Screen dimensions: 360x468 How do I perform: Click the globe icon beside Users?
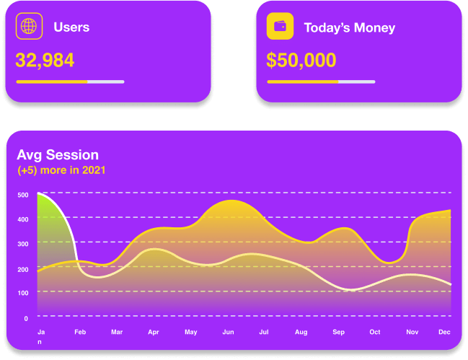pyautogui.click(x=29, y=27)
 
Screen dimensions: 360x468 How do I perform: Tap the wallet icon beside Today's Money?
pyautogui.click(x=280, y=27)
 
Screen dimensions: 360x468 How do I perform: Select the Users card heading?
pyautogui.click(x=71, y=27)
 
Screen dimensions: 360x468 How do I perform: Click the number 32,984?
pyautogui.click(x=45, y=60)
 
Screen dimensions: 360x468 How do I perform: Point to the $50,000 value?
pyautogui.click(x=301, y=60)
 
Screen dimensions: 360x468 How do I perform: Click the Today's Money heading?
pyautogui.click(x=349, y=28)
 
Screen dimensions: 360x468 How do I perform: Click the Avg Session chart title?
pyautogui.click(x=58, y=154)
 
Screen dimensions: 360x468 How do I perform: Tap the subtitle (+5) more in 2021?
pyautogui.click(x=62, y=170)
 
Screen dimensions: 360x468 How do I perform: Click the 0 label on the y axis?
pyautogui.click(x=25, y=317)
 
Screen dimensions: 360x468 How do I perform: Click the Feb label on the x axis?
pyautogui.click(x=80, y=332)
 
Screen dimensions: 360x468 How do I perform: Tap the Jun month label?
pyautogui.click(x=228, y=332)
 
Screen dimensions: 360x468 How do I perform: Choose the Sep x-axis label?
pyautogui.click(x=338, y=332)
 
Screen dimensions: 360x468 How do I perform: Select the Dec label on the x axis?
pyautogui.click(x=444, y=332)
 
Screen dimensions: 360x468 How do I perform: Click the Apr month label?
pyautogui.click(x=154, y=332)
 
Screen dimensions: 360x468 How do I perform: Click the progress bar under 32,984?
pyautogui.click(x=70, y=82)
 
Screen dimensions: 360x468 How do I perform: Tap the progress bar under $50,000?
pyautogui.click(x=321, y=82)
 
